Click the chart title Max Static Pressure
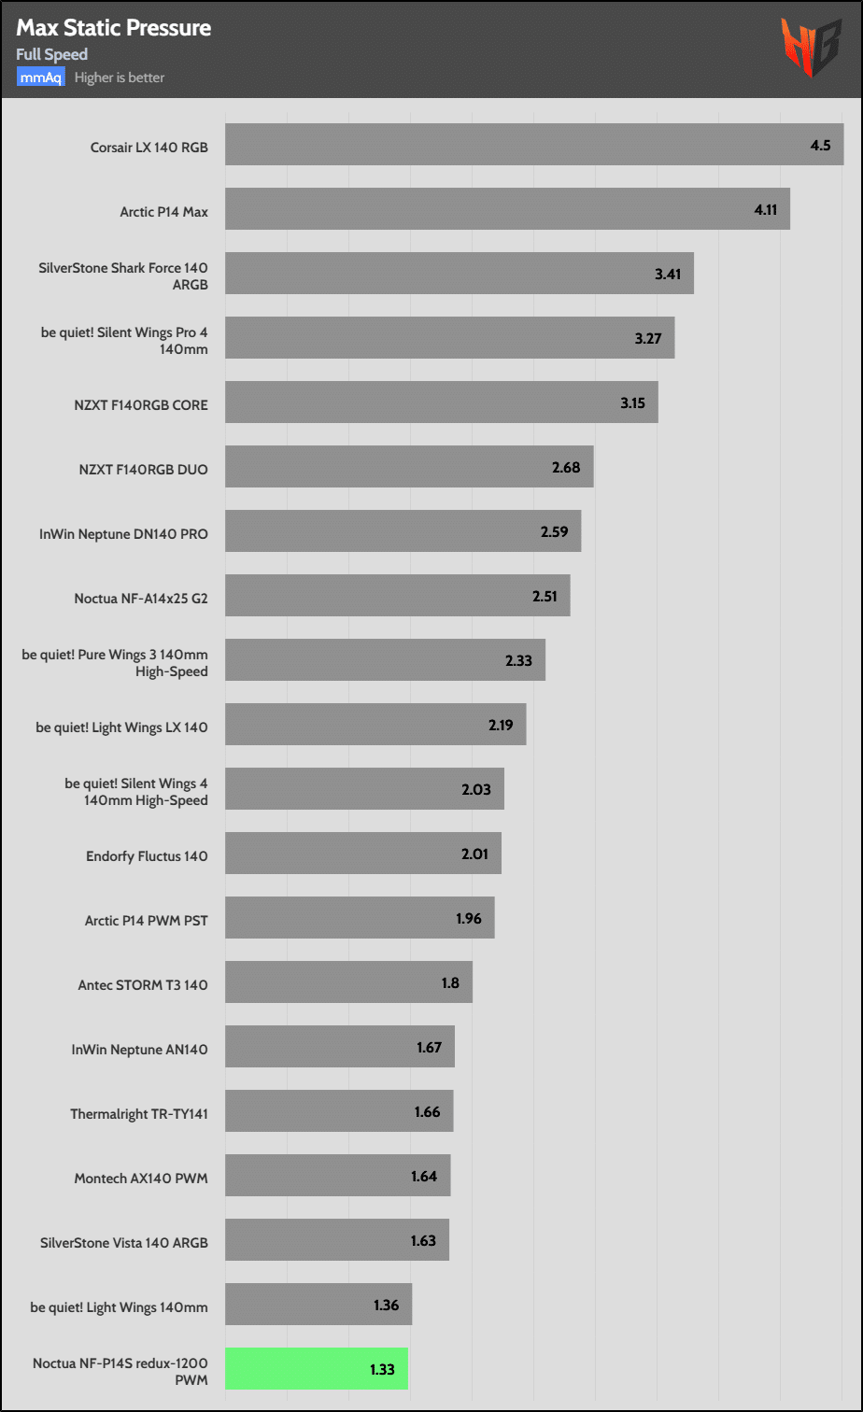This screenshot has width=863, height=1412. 113,28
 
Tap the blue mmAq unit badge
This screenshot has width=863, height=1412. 40,78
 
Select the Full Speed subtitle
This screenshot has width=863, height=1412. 51,54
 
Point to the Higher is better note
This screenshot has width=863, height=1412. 120,78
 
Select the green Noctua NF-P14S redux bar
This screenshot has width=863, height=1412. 317,1368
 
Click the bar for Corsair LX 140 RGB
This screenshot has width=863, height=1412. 534,145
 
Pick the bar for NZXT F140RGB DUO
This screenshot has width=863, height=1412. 409,467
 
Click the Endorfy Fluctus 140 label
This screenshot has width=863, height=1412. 146,855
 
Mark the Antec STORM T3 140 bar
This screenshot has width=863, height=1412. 348,982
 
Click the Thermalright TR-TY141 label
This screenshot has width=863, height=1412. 138,1113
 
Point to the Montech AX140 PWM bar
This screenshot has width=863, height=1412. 337,1176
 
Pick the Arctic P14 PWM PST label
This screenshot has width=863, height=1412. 146,920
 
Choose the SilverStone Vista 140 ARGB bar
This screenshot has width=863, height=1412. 336,1240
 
